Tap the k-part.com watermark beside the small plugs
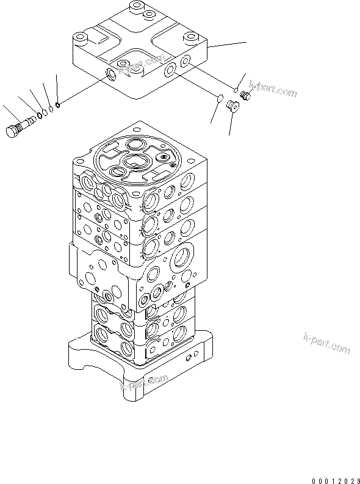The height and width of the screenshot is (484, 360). point(273,90)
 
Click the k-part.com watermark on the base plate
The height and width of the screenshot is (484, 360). point(144,383)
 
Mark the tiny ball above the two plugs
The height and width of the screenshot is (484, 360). point(236,86)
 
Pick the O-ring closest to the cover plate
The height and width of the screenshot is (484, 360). point(57,104)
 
